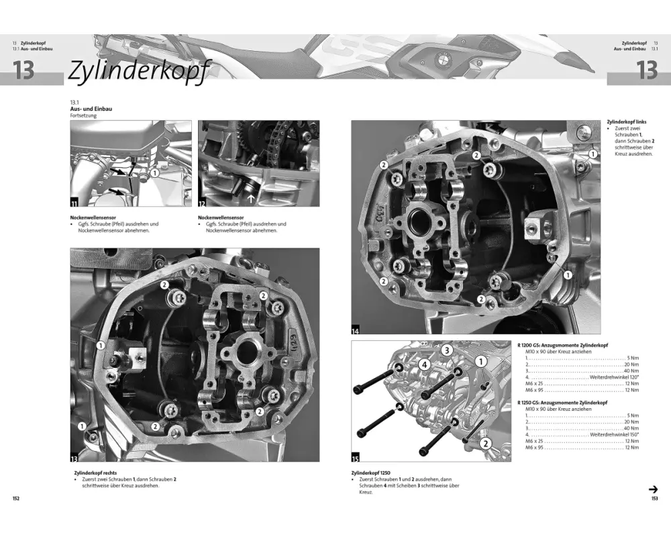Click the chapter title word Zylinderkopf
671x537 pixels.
pyautogui.click(x=140, y=70)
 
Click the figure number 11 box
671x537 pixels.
pyautogui.click(x=74, y=203)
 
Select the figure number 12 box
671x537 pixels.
pyautogui.click(x=201, y=203)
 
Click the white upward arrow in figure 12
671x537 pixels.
pyautogui.click(x=251, y=198)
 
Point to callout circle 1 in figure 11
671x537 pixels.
pyautogui.click(x=154, y=173)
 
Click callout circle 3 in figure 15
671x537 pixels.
pyautogui.click(x=447, y=350)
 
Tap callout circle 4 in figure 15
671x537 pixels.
pyautogui.click(x=424, y=365)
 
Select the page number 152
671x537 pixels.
pyautogui.click(x=16, y=499)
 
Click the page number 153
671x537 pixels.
pyautogui.click(x=654, y=499)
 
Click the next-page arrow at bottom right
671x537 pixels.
pyautogui.click(x=653, y=489)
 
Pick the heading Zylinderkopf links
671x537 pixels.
pyautogui.click(x=627, y=122)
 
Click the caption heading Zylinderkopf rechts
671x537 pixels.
pyautogui.click(x=95, y=473)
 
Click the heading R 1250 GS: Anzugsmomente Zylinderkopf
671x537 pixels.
pyautogui.click(x=562, y=403)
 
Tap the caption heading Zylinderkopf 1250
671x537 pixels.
pyautogui.click(x=370, y=473)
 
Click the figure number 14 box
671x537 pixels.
pyautogui.click(x=355, y=330)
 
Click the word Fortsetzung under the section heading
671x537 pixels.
pyautogui.click(x=83, y=115)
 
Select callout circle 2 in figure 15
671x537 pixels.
pyautogui.click(x=485, y=444)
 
